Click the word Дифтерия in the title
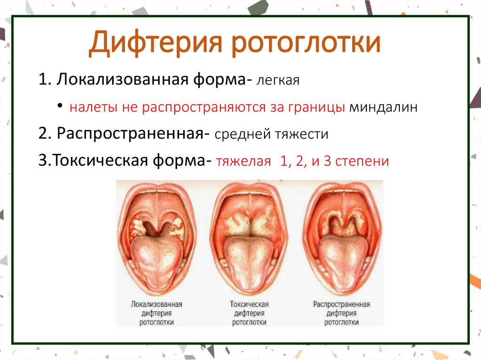155,44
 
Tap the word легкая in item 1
277,81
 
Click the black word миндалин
383,107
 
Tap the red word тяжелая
243,162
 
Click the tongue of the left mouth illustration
156,263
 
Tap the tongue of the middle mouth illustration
249,263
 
